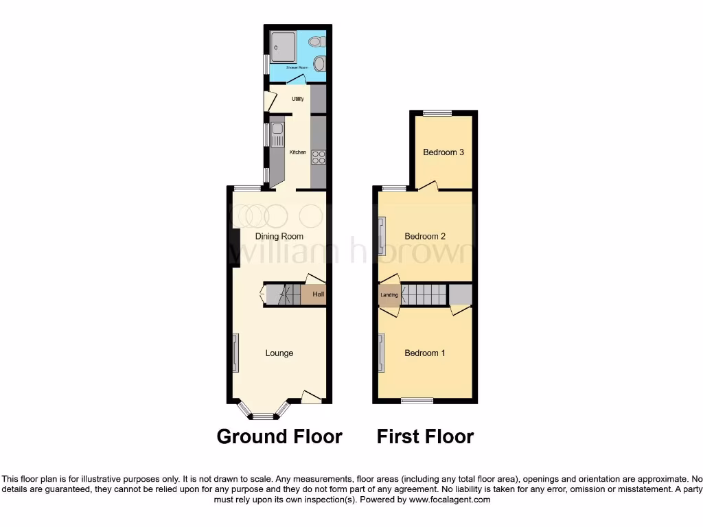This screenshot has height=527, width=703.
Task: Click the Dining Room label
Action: click(x=279, y=236)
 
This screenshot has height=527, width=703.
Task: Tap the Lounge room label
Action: click(x=279, y=353)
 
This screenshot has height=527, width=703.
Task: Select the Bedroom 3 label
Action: click(x=443, y=152)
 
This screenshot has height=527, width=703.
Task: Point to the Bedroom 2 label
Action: click(x=425, y=236)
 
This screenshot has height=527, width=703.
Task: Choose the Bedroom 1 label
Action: click(x=424, y=353)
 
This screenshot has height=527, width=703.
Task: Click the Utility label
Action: click(x=298, y=99)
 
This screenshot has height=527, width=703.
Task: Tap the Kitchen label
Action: click(x=297, y=152)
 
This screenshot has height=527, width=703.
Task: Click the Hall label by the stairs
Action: click(x=318, y=295)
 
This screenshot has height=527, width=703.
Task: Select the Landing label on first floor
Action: click(x=389, y=295)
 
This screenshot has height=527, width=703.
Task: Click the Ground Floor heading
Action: click(x=279, y=436)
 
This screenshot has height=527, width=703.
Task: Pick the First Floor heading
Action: click(x=425, y=436)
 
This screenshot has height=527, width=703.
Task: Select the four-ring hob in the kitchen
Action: click(x=319, y=157)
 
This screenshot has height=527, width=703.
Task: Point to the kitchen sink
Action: click(x=277, y=130)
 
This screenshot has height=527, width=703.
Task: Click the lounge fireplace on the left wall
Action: click(x=235, y=353)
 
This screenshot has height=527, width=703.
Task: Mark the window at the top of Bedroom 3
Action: click(x=437, y=113)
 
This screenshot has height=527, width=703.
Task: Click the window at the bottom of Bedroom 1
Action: click(x=417, y=401)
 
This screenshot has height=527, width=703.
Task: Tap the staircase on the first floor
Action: click(x=424, y=295)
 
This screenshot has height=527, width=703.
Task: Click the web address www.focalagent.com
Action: click(x=449, y=500)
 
